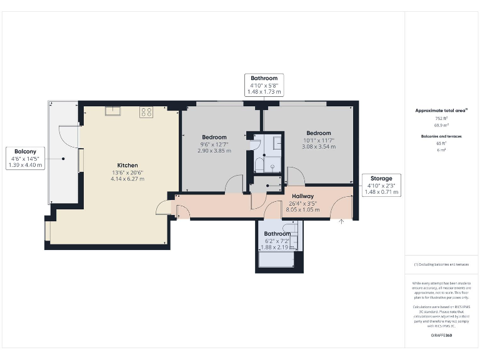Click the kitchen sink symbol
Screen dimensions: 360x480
pos(113,111)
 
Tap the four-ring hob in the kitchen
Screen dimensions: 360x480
pos(146,112)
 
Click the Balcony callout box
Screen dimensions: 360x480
pos(26,158)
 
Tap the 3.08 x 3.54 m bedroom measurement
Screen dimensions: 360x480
pos(318,147)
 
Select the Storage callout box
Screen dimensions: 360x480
pos(381,186)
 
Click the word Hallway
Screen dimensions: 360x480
pos(302,196)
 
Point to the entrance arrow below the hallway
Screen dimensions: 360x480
pos(341,221)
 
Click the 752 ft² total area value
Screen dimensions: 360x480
pos(442,118)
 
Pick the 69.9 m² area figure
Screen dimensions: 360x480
pos(442,125)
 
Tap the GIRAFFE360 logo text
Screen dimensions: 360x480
pos(441,336)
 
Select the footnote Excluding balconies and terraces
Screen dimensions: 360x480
pos(441,264)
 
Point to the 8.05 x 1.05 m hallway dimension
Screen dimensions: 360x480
pos(302,209)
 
